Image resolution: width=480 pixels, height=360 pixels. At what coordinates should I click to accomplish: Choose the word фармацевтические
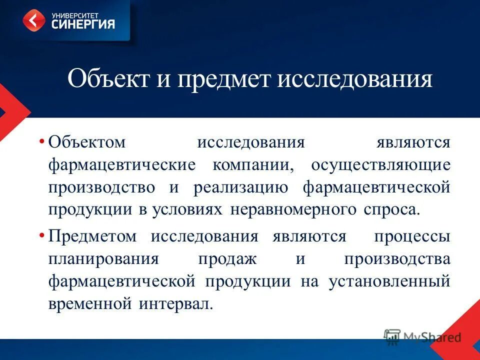coord(121,165)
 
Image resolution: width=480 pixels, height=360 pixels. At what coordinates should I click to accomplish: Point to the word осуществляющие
coord(380,165)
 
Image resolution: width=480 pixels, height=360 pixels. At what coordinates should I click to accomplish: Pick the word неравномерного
coord(293,209)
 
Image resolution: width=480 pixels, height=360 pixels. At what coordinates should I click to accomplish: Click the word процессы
coord(412,236)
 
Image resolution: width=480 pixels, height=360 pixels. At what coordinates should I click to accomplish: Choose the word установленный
coord(389,281)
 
